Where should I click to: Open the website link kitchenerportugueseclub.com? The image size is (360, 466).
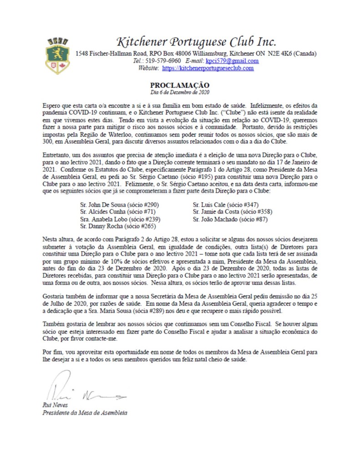208,68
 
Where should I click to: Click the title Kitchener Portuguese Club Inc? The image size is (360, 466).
196,43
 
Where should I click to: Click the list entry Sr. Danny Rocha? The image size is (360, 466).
99,226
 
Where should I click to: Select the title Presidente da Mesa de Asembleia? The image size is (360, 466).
85,413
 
